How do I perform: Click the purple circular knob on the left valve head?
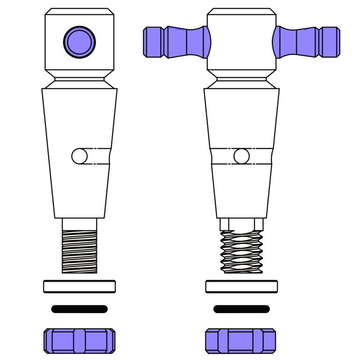pos(80,42)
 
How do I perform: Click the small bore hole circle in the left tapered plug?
pos(80,156)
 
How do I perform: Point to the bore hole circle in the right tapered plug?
pos(241,156)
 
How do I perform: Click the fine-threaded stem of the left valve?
pos(80,251)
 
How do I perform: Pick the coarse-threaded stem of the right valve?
pos(241,252)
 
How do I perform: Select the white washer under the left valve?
pos(80,286)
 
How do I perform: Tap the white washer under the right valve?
pos(241,286)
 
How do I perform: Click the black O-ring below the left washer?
pos(80,309)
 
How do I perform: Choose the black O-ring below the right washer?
pos(241,309)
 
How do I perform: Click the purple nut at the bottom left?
pos(80,340)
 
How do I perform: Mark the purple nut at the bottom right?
pos(240,340)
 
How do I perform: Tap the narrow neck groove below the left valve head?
pos(80,79)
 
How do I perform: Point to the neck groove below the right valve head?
pos(241,79)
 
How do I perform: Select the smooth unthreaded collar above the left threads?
pos(80,224)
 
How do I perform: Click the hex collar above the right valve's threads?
pos(241,225)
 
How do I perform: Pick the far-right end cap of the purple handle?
pos(331,42)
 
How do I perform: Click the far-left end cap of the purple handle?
pos(152,42)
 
